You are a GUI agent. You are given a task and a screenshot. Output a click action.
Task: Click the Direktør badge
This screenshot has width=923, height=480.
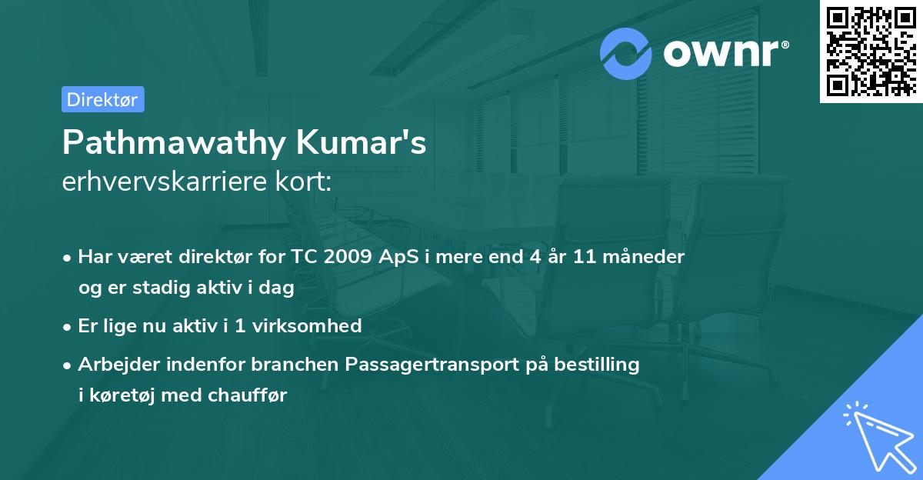pyautogui.click(x=102, y=99)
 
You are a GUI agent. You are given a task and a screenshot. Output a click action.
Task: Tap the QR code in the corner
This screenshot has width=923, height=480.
pyautogui.click(x=871, y=52)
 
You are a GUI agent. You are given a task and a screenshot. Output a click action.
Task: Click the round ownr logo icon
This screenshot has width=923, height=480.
pyautogui.click(x=626, y=53)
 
